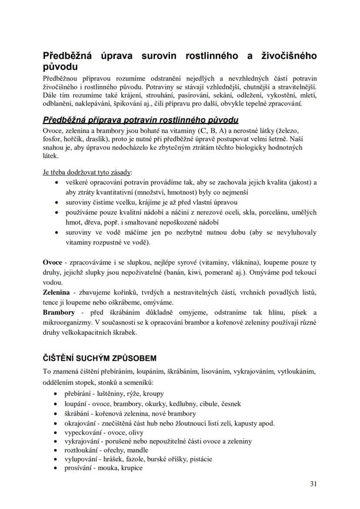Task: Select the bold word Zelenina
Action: (x=56, y=293)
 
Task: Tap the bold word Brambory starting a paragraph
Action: (x=59, y=312)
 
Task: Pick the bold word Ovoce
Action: (x=52, y=263)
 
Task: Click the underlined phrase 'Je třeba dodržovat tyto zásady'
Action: (x=88, y=172)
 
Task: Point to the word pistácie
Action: (x=200, y=459)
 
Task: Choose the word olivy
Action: (x=135, y=432)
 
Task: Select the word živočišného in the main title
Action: (x=288, y=56)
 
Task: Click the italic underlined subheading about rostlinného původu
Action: (x=140, y=120)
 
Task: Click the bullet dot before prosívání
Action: (x=55, y=468)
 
